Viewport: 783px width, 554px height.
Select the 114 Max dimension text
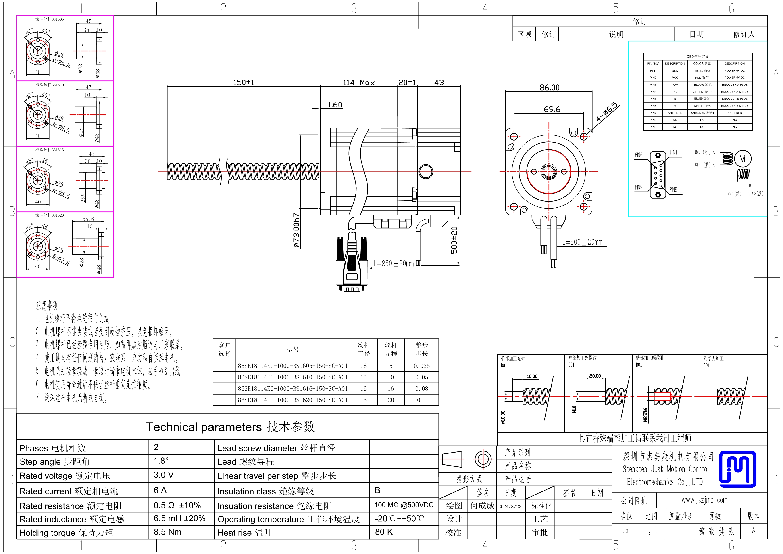358,83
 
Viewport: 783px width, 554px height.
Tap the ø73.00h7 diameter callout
296,230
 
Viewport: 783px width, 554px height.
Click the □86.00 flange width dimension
547,88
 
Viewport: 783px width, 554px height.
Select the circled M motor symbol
742,159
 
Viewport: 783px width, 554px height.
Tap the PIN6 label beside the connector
638,155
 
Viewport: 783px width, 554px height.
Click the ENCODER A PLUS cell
734,85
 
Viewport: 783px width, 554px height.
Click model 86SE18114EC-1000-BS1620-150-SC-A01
293,400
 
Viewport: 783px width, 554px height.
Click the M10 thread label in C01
574,409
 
